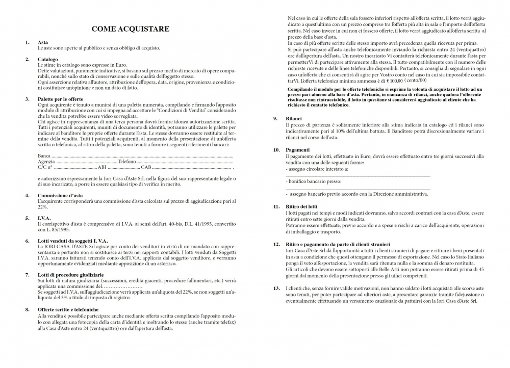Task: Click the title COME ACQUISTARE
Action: pos(131,29)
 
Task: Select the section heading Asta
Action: pos(43,42)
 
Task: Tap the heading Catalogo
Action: pos(48,60)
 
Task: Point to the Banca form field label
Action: pos(44,155)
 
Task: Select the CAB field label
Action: pos(146,167)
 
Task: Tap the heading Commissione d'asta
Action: pos(60,196)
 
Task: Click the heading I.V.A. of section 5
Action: pos(45,218)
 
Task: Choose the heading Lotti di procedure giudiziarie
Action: pos(70,275)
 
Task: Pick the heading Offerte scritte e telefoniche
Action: pos(68,309)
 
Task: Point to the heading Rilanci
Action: pos(296,119)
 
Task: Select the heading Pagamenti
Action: pos(298,150)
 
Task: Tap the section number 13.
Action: pos(276,288)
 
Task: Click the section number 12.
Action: pos(276,245)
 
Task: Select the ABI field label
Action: pos(102,167)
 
